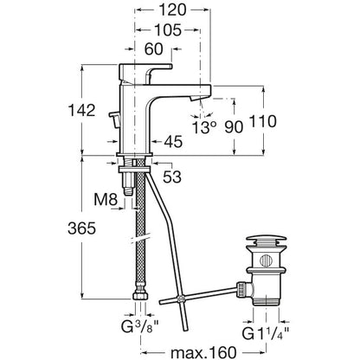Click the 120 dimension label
[x=172, y=10]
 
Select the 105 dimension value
[x=168, y=30]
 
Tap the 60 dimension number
[x=153, y=49]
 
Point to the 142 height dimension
[x=81, y=110]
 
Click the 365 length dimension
[x=81, y=228]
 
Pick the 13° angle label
[x=204, y=127]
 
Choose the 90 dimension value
[x=234, y=127]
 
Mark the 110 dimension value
[x=262, y=121]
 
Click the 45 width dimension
[x=173, y=142]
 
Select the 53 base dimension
[x=172, y=177]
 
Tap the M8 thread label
[x=106, y=200]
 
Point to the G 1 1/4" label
[x=266, y=334]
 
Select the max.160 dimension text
[x=203, y=352]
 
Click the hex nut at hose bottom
[x=141, y=296]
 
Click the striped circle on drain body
[x=266, y=260]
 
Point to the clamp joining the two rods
[x=181, y=299]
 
